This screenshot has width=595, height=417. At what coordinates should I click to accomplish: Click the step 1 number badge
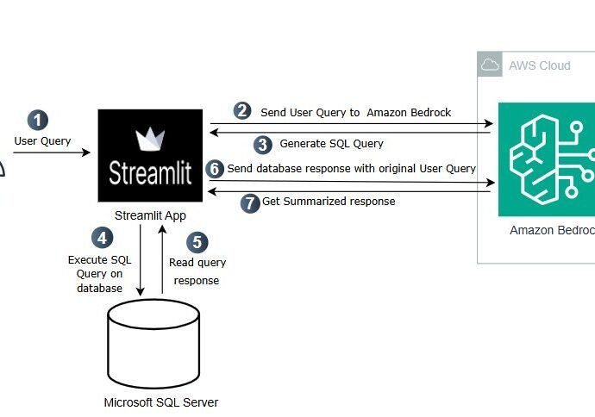[38, 120]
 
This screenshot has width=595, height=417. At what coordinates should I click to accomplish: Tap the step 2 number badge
[242, 111]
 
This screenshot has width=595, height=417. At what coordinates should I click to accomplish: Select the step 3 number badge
[263, 145]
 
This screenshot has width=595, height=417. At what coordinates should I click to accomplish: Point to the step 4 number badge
[102, 238]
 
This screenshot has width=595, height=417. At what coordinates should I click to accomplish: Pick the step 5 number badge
[197, 242]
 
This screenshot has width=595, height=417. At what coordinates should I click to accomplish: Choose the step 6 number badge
[215, 169]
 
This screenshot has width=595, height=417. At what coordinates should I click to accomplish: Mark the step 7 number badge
[250, 202]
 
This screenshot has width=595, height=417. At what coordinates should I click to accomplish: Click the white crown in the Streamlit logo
[150, 139]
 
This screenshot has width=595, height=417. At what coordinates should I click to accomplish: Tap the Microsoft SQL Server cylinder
[153, 344]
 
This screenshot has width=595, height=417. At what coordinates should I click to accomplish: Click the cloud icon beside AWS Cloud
[490, 65]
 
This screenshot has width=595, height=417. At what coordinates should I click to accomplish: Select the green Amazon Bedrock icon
[547, 159]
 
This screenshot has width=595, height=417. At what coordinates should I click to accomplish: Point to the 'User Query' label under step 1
[42, 141]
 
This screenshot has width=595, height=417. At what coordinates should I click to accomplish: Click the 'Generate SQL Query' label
[332, 144]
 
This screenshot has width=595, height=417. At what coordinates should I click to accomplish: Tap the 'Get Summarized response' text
[329, 202]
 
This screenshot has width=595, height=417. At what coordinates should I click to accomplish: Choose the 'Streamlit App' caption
[150, 215]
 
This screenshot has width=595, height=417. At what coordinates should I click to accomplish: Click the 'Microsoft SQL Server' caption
[161, 402]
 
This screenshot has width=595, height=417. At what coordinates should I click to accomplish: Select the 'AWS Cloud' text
[540, 65]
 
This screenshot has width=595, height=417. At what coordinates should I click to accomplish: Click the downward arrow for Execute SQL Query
[141, 260]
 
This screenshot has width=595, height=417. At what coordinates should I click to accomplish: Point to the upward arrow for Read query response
[162, 259]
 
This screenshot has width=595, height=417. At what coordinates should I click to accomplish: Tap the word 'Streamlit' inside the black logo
[150, 173]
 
